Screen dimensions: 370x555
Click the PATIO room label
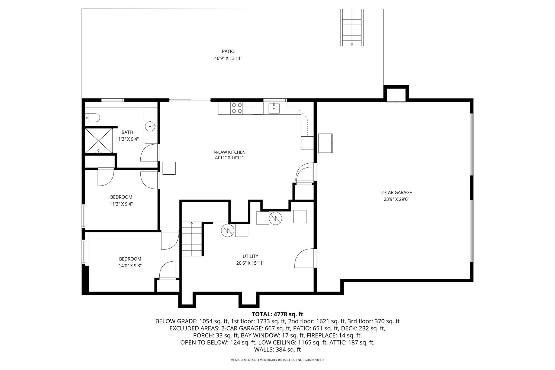point(228,51)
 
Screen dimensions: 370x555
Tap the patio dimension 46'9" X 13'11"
point(228,58)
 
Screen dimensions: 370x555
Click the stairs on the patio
point(352,27)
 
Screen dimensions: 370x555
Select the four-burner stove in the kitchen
point(237,108)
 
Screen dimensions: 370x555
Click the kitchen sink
point(274,108)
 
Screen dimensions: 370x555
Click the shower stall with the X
point(99,141)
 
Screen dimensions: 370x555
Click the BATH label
point(127,132)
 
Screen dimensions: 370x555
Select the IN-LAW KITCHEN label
point(229,152)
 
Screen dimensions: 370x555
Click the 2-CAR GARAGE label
point(396,193)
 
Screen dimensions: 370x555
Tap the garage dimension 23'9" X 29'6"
point(396,199)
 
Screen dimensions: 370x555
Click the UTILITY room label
point(250,256)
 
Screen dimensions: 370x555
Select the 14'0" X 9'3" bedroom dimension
point(130,266)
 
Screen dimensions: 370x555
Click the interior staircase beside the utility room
point(192,239)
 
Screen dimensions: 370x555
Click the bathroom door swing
point(149,153)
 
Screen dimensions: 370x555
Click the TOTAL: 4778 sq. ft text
point(277,314)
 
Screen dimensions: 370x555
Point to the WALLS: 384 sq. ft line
point(277,349)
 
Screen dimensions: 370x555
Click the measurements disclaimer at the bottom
point(277,360)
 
